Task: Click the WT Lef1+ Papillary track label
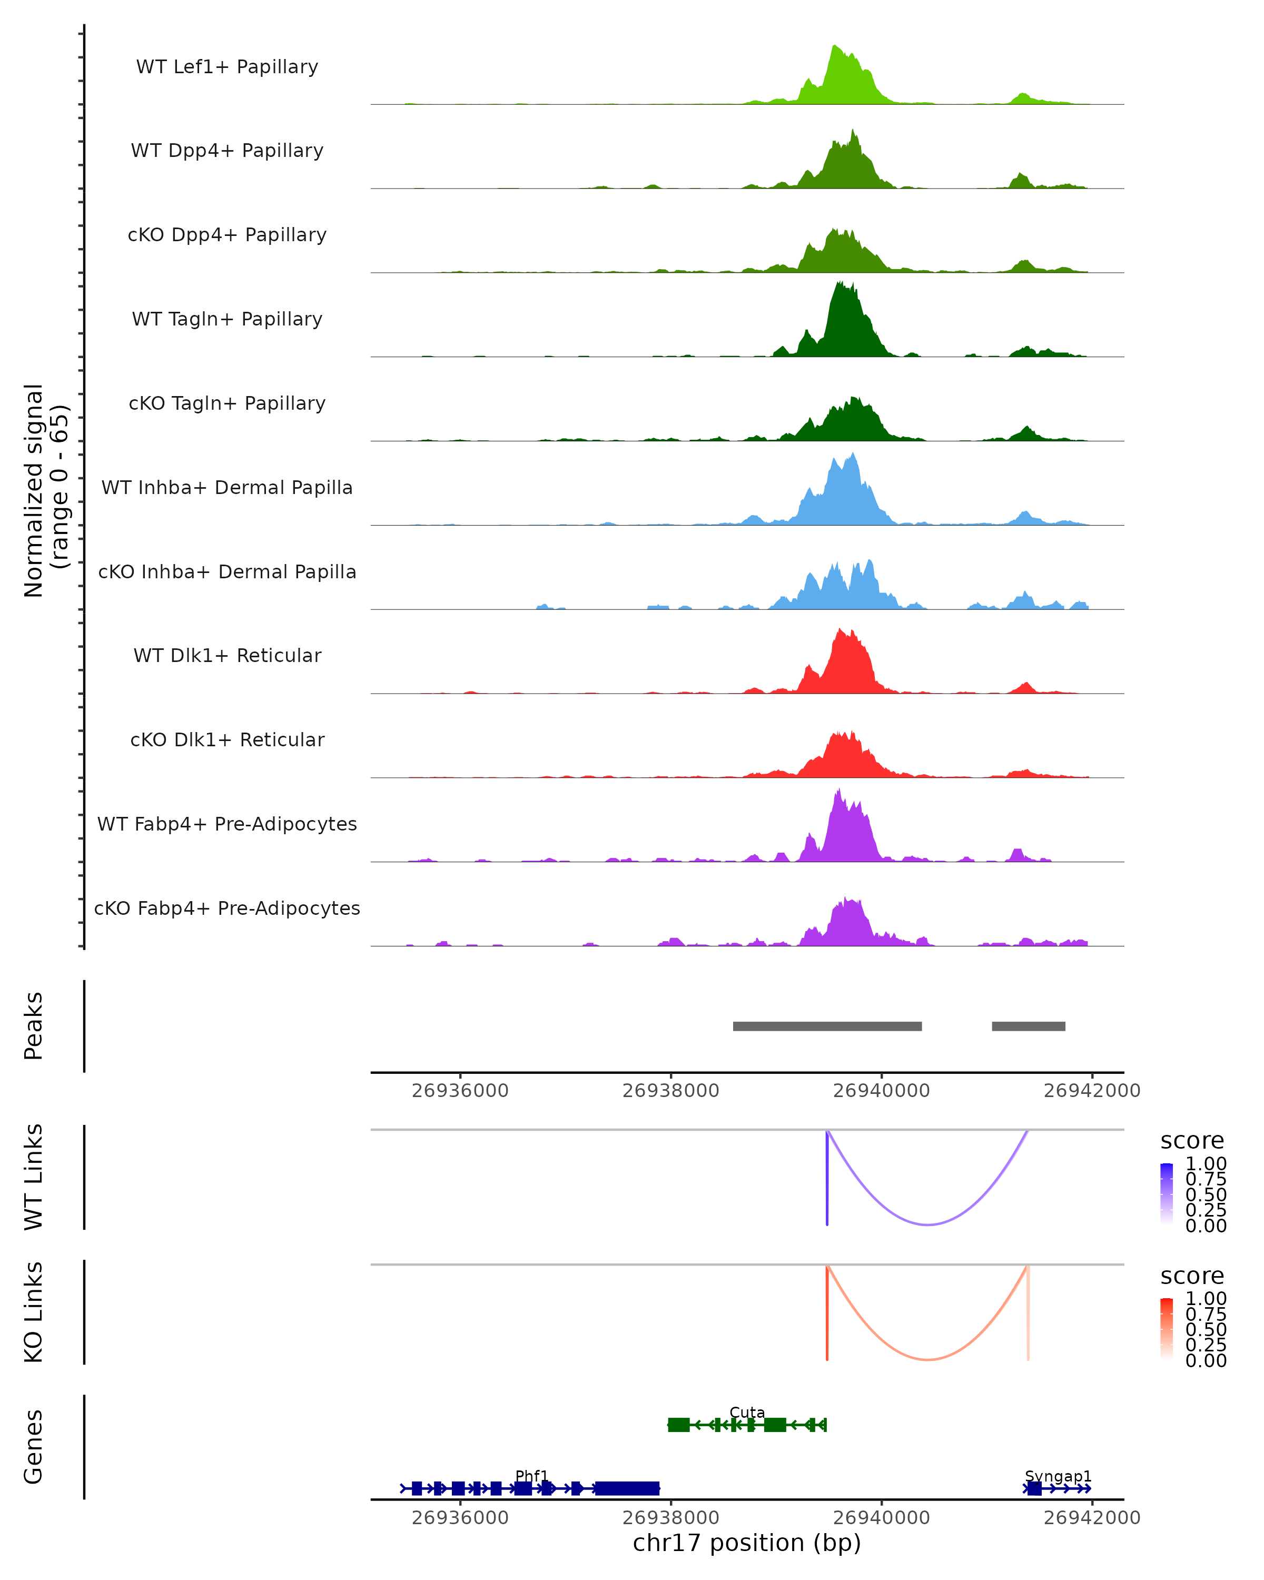[x=227, y=67]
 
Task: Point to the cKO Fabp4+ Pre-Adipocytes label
[x=227, y=908]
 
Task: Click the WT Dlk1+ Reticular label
[x=227, y=655]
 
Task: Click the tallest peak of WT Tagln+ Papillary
[x=841, y=284]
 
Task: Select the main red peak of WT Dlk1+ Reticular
[x=841, y=631]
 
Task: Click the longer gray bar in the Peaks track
[x=827, y=1026]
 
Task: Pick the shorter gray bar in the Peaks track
[x=1028, y=1026]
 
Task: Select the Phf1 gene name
[x=532, y=1476]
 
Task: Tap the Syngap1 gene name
[x=1058, y=1476]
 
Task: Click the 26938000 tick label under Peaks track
[x=670, y=1091]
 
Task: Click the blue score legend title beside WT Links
[x=1192, y=1141]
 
